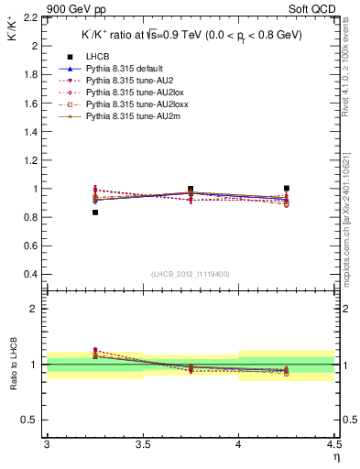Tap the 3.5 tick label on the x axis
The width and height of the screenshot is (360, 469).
[x=142, y=444]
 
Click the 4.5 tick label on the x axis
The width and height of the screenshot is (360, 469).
[x=333, y=444]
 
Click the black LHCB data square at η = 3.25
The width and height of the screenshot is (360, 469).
[x=94, y=213]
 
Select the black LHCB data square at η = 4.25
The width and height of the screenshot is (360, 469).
[x=287, y=188]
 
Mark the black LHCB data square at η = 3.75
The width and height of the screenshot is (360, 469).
[x=191, y=189]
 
